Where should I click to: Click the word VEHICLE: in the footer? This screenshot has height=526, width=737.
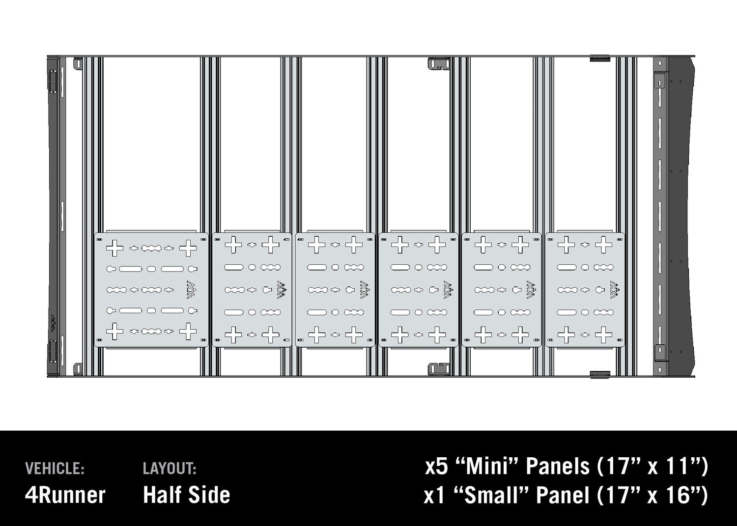pyautogui.click(x=55, y=469)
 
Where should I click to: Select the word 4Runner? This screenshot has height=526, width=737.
pyautogui.click(x=65, y=495)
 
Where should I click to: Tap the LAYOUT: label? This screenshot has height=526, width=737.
pyautogui.click(x=170, y=469)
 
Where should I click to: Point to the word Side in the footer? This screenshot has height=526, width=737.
pyautogui.click(x=211, y=495)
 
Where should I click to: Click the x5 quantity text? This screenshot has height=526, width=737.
pyautogui.click(x=437, y=466)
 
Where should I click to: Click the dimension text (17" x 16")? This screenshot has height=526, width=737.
pyautogui.click(x=652, y=495)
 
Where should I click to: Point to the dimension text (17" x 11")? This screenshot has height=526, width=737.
pyautogui.click(x=652, y=466)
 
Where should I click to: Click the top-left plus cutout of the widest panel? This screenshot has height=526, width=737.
pyautogui.click(x=115, y=248)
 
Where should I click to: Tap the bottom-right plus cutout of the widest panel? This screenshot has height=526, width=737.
pyautogui.click(x=188, y=332)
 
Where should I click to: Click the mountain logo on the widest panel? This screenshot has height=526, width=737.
pyautogui.click(x=191, y=289)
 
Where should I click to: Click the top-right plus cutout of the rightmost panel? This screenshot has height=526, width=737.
pyautogui.click(x=604, y=244)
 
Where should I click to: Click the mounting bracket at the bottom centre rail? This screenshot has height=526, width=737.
pyautogui.click(x=439, y=369)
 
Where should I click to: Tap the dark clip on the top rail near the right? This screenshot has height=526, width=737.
pyautogui.click(x=599, y=58)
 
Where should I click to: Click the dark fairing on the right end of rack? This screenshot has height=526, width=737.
pyautogui.click(x=683, y=216)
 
